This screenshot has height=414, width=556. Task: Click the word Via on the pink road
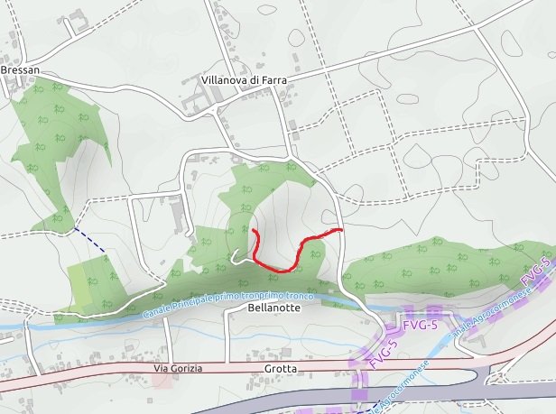tap(162, 369)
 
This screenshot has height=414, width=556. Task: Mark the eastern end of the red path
tap(341, 231)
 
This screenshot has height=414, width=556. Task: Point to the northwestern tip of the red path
tap(255, 233)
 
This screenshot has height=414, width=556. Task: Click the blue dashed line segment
tap(90, 240)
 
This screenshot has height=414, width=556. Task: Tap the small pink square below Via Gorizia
tap(162, 381)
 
